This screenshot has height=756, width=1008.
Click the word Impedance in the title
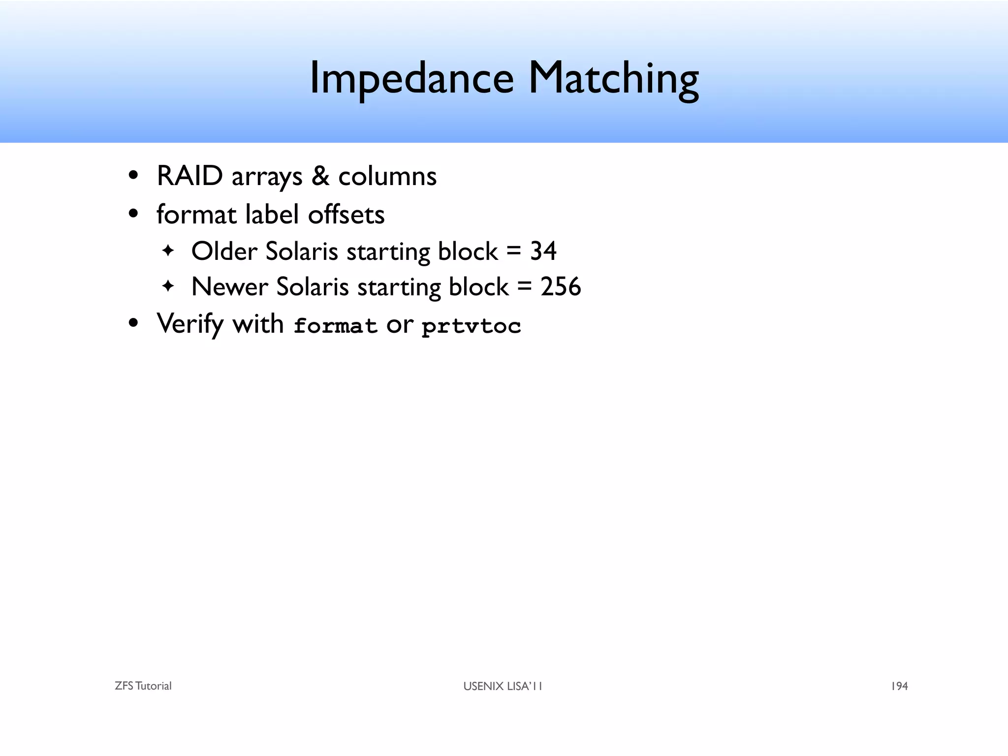pyautogui.click(x=411, y=79)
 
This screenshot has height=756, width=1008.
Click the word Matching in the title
pyautogui.click(x=613, y=79)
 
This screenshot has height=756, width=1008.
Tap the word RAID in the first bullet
pyautogui.click(x=189, y=176)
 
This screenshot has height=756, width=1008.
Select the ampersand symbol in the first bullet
pyautogui.click(x=320, y=176)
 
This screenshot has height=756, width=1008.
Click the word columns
pyautogui.click(x=387, y=176)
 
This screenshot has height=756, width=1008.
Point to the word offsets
pyautogui.click(x=346, y=215)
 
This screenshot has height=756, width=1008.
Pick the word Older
pyautogui.click(x=224, y=251)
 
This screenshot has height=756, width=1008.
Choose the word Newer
pyautogui.click(x=229, y=287)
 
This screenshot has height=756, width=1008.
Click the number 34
pyautogui.click(x=543, y=251)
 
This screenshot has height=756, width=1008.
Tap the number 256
pyautogui.click(x=561, y=287)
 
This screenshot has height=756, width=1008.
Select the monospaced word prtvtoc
pyautogui.click(x=471, y=326)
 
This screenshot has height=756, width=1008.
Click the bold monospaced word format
pyautogui.click(x=335, y=326)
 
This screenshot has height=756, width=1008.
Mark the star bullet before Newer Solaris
pyautogui.click(x=168, y=286)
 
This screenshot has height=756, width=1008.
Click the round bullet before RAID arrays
pyautogui.click(x=133, y=176)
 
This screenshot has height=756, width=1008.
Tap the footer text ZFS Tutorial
pyautogui.click(x=143, y=686)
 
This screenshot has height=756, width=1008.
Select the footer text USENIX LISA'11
pyautogui.click(x=503, y=686)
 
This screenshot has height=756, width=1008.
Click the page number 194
pyautogui.click(x=899, y=686)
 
